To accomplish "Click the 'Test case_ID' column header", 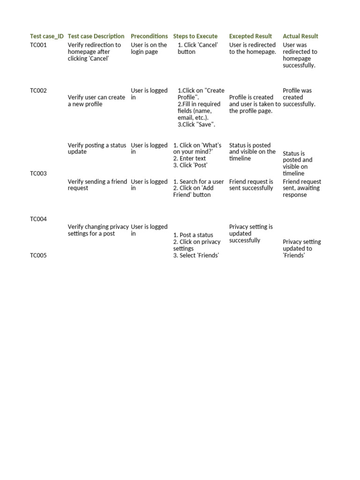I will coord(47,36).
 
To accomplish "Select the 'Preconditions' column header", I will coord(149,36).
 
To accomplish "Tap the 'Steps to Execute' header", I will coord(195,36).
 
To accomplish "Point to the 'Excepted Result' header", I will coord(250,36).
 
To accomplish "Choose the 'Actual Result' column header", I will coord(300,36).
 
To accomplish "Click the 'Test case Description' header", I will coord(96,36).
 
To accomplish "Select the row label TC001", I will coord(38,45).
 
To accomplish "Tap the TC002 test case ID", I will coord(38,90).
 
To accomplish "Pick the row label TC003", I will coord(38,173).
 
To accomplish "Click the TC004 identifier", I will coord(38,219).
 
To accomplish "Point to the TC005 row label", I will coord(38,255).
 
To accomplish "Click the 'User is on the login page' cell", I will coord(149,48).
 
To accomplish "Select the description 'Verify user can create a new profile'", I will coord(96,101).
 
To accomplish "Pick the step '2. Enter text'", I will coord(190,158).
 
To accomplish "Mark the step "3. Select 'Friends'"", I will coord(196,255).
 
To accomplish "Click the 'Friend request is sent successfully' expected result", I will coord(251,185).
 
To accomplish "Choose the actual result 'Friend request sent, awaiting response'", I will coord(302,188).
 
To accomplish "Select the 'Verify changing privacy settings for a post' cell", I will coord(98,230).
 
